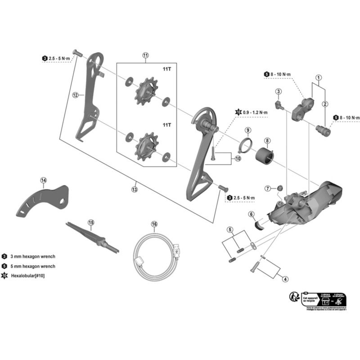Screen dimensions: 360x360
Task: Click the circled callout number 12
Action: tap(75, 95)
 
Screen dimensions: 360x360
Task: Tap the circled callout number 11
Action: tap(145, 55)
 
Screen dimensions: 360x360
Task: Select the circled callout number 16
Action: tap(154, 224)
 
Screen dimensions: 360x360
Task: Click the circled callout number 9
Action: tap(247, 130)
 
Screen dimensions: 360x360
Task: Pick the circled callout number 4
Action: tap(284, 279)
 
